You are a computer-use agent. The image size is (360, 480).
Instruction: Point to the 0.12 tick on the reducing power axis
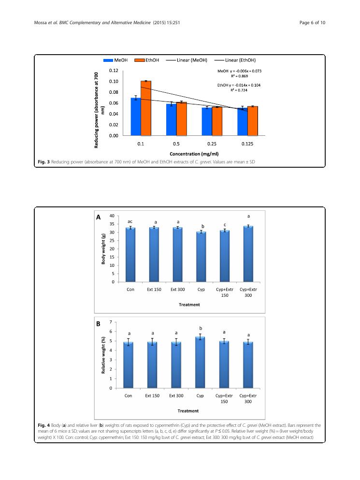[114, 70]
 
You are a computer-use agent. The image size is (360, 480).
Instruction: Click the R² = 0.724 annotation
[239, 90]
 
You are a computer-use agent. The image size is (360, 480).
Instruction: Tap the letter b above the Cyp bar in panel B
[201, 328]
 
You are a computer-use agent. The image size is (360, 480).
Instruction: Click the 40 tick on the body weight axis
[112, 216]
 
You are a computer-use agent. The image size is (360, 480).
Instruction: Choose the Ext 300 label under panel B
[176, 395]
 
